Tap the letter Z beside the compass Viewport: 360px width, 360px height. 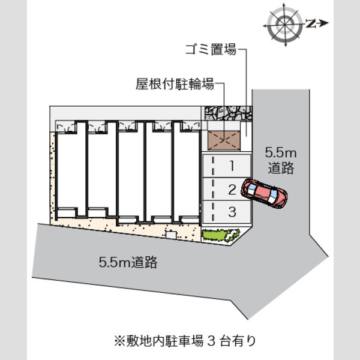[310, 23]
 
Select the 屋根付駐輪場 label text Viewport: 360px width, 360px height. [175, 83]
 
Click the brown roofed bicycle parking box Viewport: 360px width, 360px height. [224, 140]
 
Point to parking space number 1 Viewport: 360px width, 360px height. [227, 166]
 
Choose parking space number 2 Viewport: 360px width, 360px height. [227, 189]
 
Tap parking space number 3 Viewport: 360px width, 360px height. [227, 211]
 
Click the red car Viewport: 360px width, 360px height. [264, 193]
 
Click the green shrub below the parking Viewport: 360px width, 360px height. [220, 235]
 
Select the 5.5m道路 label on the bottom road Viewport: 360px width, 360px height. [128, 262]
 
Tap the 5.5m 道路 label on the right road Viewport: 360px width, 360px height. [281, 160]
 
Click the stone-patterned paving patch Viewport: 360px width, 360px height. [229, 113]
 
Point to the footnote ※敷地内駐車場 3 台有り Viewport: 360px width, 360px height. [185, 341]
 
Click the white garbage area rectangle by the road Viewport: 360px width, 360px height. [246, 129]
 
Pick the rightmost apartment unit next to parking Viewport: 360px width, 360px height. [186, 172]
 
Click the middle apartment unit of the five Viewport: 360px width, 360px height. [131, 172]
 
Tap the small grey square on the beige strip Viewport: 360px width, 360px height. [172, 235]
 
